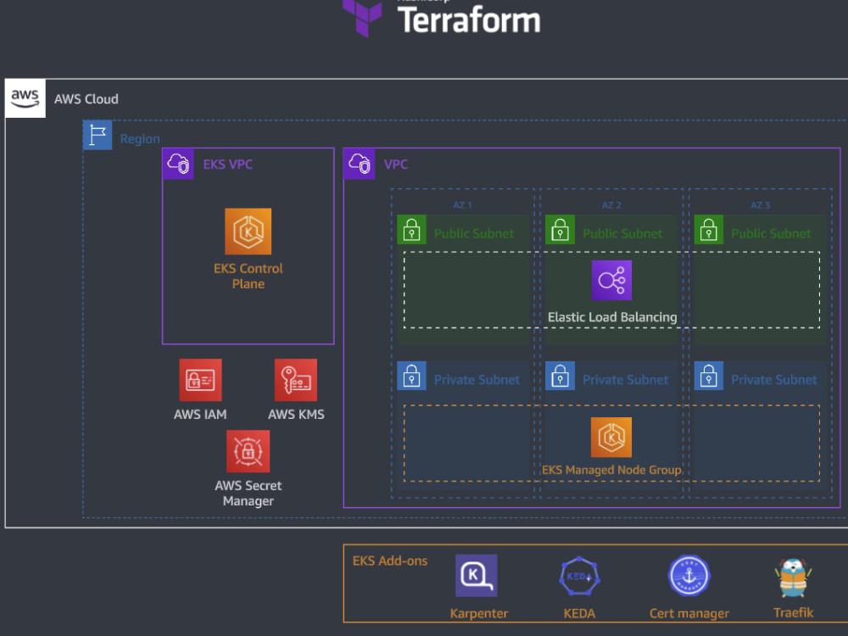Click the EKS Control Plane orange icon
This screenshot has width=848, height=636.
(248, 232)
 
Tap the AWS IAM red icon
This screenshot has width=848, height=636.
(200, 380)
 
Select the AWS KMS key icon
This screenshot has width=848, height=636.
(296, 380)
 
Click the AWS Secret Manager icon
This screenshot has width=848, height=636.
(248, 451)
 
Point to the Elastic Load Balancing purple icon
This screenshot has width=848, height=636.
(611, 281)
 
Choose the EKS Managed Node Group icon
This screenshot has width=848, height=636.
(611, 438)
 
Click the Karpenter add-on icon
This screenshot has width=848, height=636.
(476, 576)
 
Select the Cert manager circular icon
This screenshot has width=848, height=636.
(689, 577)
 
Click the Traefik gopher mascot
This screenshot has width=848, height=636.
(794, 578)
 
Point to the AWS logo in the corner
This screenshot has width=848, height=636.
(25, 98)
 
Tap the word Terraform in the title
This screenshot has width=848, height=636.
(468, 20)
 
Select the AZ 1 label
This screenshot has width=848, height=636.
(462, 205)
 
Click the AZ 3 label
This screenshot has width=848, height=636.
(761, 205)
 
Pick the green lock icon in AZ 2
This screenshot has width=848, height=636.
(560, 230)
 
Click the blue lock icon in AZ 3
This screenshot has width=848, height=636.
(709, 377)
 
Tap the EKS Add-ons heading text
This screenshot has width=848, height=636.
(390, 561)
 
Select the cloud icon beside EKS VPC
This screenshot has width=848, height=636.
(178, 164)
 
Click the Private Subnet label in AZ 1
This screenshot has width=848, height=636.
(477, 380)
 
